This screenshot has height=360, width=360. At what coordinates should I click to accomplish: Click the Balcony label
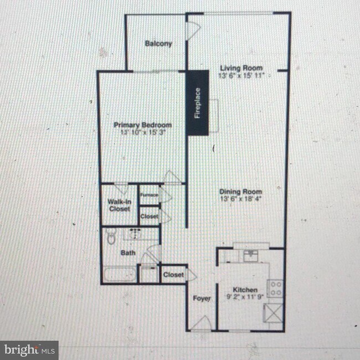[x=158, y=44]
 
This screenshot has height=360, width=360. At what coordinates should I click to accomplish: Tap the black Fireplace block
[x=197, y=103]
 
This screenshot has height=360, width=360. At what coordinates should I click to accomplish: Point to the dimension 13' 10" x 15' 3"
[x=143, y=133]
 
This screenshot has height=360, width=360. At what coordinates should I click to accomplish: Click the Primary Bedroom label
[x=143, y=125]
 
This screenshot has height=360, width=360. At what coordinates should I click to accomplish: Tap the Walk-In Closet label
[x=119, y=205]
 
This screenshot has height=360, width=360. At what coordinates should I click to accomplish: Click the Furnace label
[x=148, y=194]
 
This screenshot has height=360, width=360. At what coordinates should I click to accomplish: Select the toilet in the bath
[x=111, y=238]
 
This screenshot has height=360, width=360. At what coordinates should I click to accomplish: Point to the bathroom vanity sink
[x=136, y=235]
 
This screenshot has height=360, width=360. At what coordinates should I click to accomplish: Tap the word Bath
[x=128, y=253]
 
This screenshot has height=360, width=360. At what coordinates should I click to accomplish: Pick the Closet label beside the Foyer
[x=173, y=274]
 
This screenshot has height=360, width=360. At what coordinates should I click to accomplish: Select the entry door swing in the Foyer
[x=200, y=322]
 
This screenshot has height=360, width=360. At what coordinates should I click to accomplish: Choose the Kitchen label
[x=244, y=290]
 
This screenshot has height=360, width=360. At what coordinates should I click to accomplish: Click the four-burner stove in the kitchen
[x=275, y=287]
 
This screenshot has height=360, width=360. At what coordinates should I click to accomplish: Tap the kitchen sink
[x=251, y=255]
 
